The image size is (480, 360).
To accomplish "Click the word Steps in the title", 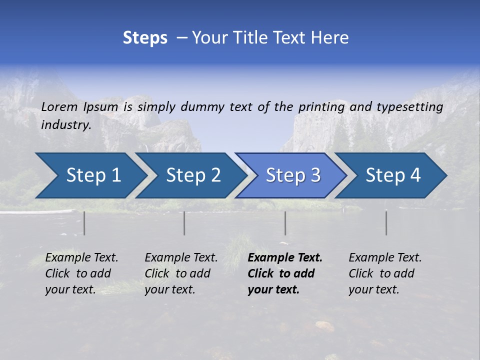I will coord(145,38).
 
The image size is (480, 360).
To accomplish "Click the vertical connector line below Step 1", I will coord(84,223).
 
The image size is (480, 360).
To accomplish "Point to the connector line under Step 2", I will coord(184,223).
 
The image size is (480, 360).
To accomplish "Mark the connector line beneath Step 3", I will coord(285,223).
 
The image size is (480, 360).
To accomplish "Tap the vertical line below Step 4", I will coord(386,223).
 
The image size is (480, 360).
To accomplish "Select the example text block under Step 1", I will coord(81,273).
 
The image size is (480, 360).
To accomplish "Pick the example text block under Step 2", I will coord(181,273).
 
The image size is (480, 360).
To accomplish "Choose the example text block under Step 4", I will coord(385,273).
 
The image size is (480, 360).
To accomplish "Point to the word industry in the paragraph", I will coord(65,125).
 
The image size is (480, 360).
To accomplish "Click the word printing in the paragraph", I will coord(321,107).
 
